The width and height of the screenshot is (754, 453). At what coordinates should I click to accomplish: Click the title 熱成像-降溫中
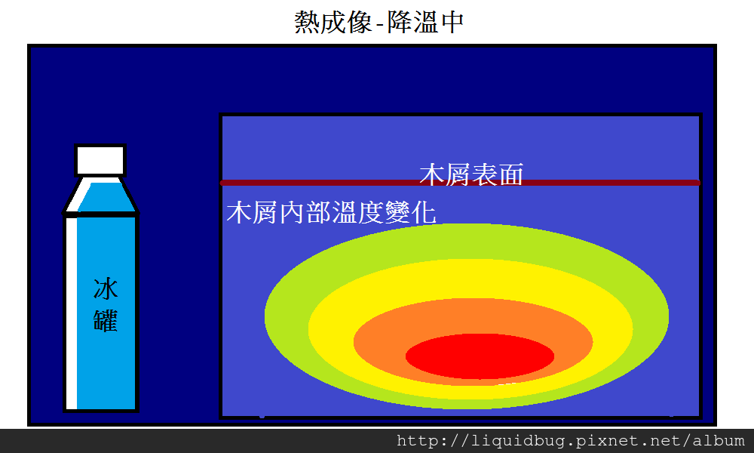[x=379, y=22]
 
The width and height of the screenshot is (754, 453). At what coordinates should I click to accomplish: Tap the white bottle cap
[x=100, y=160]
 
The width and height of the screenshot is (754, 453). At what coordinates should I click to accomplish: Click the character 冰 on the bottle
[x=106, y=288]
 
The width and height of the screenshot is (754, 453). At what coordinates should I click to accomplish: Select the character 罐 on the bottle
[x=106, y=321]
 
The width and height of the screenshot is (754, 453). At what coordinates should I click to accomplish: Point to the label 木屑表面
[x=471, y=174]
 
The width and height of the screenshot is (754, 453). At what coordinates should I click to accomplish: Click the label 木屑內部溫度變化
[x=331, y=212]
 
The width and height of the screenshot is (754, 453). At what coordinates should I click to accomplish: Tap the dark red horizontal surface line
[x=460, y=183]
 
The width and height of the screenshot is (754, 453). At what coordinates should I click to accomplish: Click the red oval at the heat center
[x=480, y=356]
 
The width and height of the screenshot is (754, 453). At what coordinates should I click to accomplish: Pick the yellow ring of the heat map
[x=332, y=328]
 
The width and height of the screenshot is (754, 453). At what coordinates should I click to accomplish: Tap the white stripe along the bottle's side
[x=71, y=313]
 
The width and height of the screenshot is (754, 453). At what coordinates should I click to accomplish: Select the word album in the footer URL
[x=719, y=440]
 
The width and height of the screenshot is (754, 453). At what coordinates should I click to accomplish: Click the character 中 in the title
[x=451, y=22]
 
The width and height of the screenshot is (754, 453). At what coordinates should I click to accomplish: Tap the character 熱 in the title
[x=307, y=22]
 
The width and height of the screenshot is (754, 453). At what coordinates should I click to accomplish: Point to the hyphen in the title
[x=380, y=24]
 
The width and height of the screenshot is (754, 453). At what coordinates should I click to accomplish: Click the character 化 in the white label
[x=424, y=212]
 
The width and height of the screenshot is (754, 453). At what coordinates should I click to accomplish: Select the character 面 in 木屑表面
[x=511, y=174]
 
